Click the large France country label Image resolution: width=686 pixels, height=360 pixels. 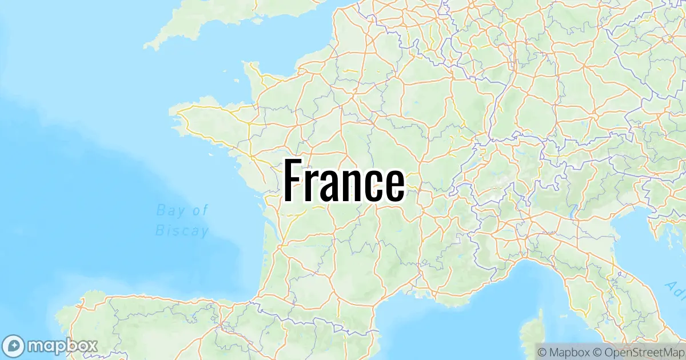tap(344, 181)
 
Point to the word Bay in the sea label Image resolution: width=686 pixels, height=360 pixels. tap(170, 210)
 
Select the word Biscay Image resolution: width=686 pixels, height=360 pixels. tap(182, 231)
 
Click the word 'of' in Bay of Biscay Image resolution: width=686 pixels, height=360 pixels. tap(201, 210)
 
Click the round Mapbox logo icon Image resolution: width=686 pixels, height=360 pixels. tap(15, 345)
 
